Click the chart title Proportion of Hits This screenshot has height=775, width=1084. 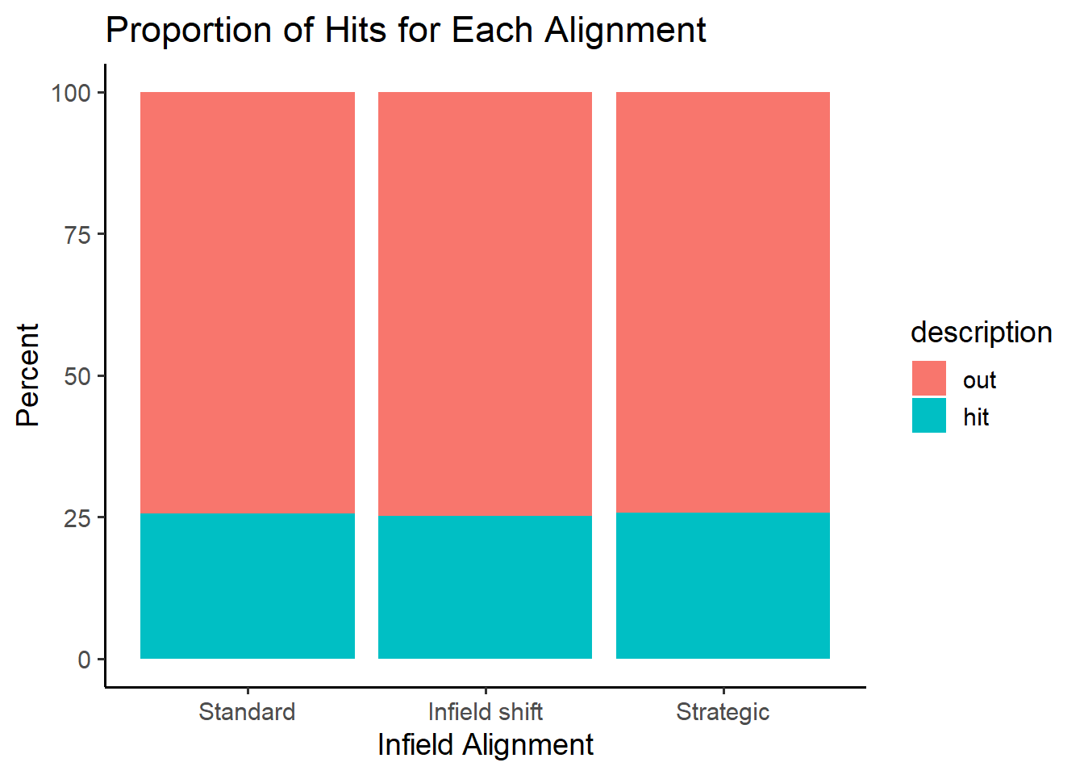406,31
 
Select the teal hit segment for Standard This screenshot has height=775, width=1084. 248,586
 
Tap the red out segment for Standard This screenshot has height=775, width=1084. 248,303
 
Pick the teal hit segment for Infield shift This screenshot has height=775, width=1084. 485,587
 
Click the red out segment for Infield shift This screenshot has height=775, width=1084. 485,304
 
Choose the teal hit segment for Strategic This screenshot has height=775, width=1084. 723,585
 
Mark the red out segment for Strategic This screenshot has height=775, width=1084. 723,302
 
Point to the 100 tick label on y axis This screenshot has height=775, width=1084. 71,93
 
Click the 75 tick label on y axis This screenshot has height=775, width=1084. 77,235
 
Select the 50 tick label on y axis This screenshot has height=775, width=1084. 77,376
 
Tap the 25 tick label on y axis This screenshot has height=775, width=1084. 77,518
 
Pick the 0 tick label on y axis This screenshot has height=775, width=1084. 84,660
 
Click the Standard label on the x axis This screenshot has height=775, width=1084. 247,712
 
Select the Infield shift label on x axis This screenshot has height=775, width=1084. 486,712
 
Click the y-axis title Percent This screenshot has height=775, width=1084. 27,375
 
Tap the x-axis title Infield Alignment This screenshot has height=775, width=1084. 486,745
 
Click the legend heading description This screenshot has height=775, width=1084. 982,333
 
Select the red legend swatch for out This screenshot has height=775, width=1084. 929,379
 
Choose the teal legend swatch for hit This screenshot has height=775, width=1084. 929,415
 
